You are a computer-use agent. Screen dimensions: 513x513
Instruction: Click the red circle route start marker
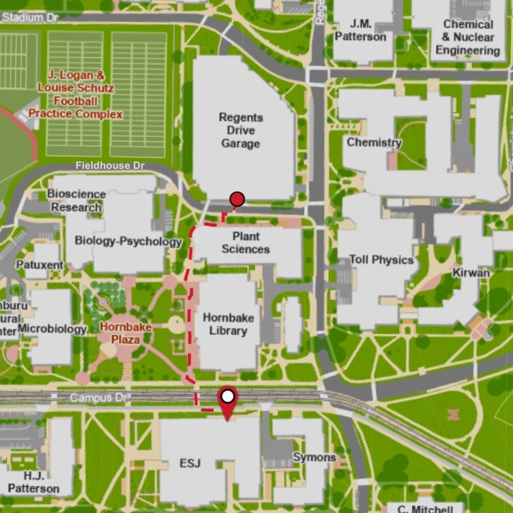[x=237, y=199]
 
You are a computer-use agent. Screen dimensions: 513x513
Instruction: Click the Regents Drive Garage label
[x=240, y=130]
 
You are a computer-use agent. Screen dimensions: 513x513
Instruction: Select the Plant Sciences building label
[x=246, y=243]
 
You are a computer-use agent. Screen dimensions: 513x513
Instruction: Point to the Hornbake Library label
[x=224, y=323]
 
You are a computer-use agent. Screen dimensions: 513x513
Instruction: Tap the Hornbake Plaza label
[x=125, y=333]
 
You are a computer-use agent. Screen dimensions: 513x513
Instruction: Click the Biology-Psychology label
[x=128, y=242]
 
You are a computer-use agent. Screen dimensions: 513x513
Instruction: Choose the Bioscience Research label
[x=76, y=201]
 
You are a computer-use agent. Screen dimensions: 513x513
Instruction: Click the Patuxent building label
[x=40, y=265]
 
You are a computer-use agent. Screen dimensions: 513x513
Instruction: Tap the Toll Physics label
[x=380, y=260]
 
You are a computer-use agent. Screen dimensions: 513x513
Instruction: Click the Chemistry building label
[x=374, y=142]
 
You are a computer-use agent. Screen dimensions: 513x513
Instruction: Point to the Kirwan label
[x=471, y=273]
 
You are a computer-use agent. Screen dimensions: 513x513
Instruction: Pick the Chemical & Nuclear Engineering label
[x=467, y=37]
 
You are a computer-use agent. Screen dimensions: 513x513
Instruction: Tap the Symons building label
[x=314, y=457]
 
